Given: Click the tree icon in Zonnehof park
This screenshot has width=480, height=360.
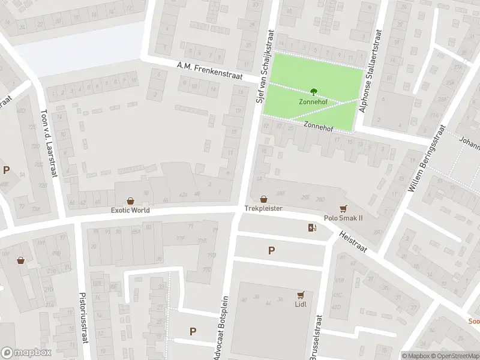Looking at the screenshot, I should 313,92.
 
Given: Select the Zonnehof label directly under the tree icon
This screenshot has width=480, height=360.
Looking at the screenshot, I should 313,101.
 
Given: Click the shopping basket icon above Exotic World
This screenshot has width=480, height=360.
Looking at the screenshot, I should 131,201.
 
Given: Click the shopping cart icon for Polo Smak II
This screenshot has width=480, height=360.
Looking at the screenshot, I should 343,209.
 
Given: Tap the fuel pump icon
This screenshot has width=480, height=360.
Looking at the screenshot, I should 311,227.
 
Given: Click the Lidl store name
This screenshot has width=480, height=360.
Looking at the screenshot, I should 301,304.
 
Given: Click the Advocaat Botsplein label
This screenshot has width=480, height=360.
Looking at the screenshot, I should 221,327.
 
